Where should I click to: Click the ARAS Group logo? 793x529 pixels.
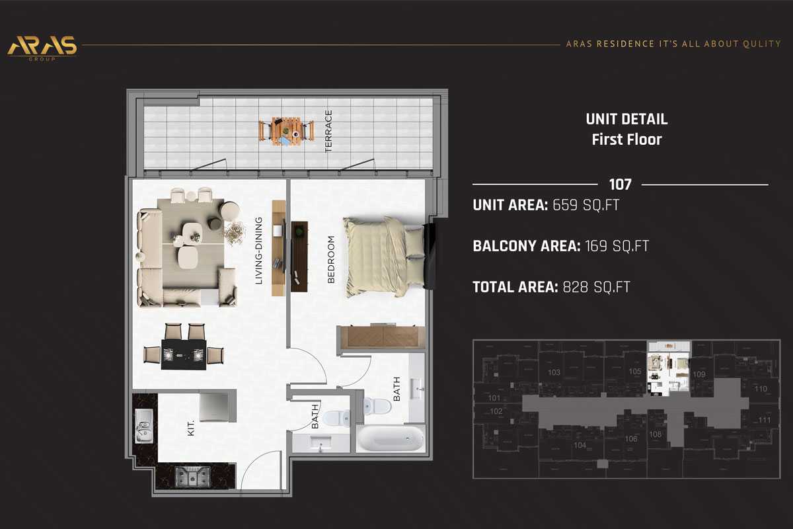(x=42, y=48)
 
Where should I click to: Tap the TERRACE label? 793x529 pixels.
(x=328, y=132)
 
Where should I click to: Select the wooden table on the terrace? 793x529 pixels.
(x=286, y=131)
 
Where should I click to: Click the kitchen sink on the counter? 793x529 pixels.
(x=143, y=425)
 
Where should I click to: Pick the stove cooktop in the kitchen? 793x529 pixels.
(x=193, y=475)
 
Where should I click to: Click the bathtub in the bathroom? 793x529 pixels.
(x=391, y=438)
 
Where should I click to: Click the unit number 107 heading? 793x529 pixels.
(x=620, y=184)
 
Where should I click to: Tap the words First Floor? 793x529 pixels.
(x=626, y=140)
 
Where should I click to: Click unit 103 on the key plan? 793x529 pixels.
(x=554, y=372)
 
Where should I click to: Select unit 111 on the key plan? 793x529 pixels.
(x=765, y=420)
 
